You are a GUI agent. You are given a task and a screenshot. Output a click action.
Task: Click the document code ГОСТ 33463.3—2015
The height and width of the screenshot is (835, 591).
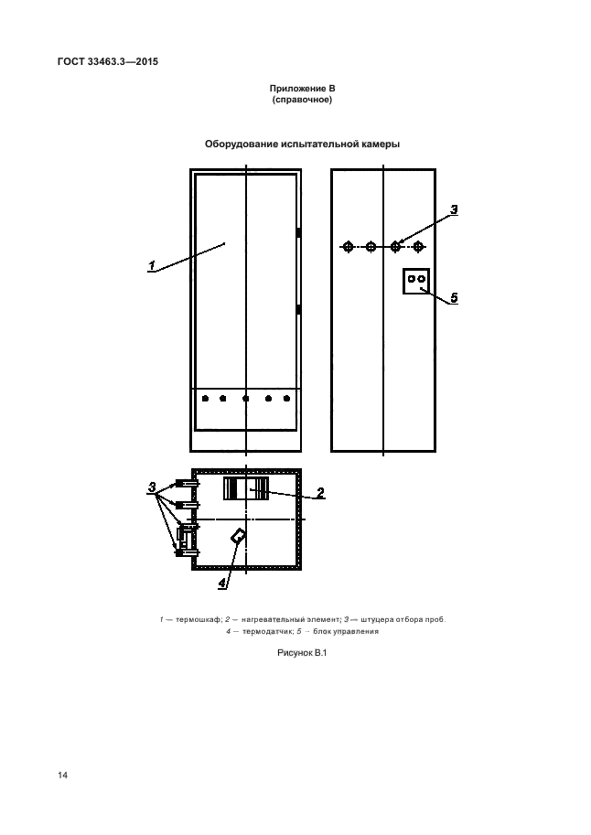click(108, 62)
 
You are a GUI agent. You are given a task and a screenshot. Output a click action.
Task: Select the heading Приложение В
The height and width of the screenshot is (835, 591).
click(302, 89)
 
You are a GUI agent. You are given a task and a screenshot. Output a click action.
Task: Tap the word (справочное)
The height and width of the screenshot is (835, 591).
click(302, 100)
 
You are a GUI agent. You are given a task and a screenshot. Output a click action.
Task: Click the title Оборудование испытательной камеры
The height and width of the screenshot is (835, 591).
click(302, 144)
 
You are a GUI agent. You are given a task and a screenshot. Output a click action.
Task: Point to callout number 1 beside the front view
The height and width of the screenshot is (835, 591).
click(152, 264)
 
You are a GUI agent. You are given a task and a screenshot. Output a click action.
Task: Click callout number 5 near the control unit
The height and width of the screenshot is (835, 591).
click(454, 297)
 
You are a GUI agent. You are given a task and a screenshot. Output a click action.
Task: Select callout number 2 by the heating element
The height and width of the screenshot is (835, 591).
click(320, 493)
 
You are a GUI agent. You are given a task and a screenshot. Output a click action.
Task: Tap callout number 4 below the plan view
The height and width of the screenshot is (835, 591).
click(221, 583)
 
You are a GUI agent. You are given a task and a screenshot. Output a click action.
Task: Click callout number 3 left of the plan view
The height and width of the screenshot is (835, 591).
click(152, 487)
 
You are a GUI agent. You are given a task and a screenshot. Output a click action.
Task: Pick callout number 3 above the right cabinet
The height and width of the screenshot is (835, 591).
click(454, 209)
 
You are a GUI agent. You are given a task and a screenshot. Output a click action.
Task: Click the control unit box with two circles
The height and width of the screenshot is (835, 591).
click(416, 281)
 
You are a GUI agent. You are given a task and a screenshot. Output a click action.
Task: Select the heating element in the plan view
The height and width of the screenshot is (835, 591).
click(246, 488)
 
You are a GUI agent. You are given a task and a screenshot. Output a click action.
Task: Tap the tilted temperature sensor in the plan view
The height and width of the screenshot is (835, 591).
click(238, 536)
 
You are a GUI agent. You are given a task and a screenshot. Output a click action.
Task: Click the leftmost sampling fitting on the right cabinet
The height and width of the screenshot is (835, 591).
click(348, 247)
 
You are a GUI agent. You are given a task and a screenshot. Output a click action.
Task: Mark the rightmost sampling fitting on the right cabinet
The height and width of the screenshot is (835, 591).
click(418, 247)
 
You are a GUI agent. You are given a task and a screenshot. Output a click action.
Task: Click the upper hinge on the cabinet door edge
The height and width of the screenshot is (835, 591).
click(298, 232)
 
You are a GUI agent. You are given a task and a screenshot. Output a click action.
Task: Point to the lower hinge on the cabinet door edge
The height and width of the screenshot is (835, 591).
click(298, 309)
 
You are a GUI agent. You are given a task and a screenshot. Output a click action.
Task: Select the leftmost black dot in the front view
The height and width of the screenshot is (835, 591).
click(205, 399)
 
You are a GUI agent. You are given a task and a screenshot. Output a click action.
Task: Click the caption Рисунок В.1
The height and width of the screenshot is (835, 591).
click(302, 653)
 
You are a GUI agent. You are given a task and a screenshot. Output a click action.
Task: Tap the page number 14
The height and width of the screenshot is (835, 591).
click(63, 776)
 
